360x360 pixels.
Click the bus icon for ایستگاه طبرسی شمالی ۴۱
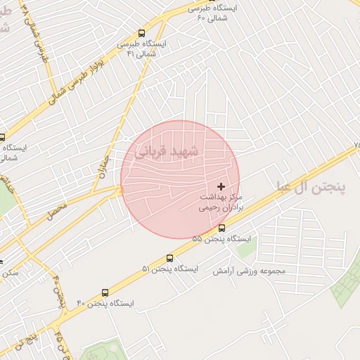(x=142, y=33)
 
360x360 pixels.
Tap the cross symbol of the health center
(x=221, y=186)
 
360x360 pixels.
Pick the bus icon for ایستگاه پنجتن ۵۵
(x=222, y=228)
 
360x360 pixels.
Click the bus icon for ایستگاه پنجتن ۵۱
(x=169, y=258)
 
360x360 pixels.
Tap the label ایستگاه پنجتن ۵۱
(x=170, y=269)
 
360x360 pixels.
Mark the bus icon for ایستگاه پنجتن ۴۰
(x=105, y=292)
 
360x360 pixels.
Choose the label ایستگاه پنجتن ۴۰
(x=105, y=304)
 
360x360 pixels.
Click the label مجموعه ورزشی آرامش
(x=250, y=271)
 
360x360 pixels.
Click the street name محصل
(x=57, y=210)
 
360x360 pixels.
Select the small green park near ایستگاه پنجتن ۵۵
(x=246, y=247)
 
